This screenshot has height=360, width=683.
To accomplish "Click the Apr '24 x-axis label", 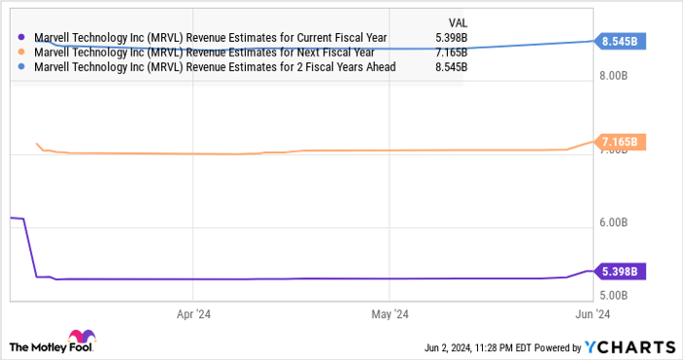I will [193, 314].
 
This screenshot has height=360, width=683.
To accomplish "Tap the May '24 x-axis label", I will [388, 314].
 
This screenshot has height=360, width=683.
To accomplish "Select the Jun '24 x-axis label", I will [589, 314].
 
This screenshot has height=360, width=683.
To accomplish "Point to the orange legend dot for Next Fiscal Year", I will [22, 53].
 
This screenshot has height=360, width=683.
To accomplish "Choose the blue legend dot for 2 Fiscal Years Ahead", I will [22, 67].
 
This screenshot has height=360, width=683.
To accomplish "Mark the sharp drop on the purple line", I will [30, 249].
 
